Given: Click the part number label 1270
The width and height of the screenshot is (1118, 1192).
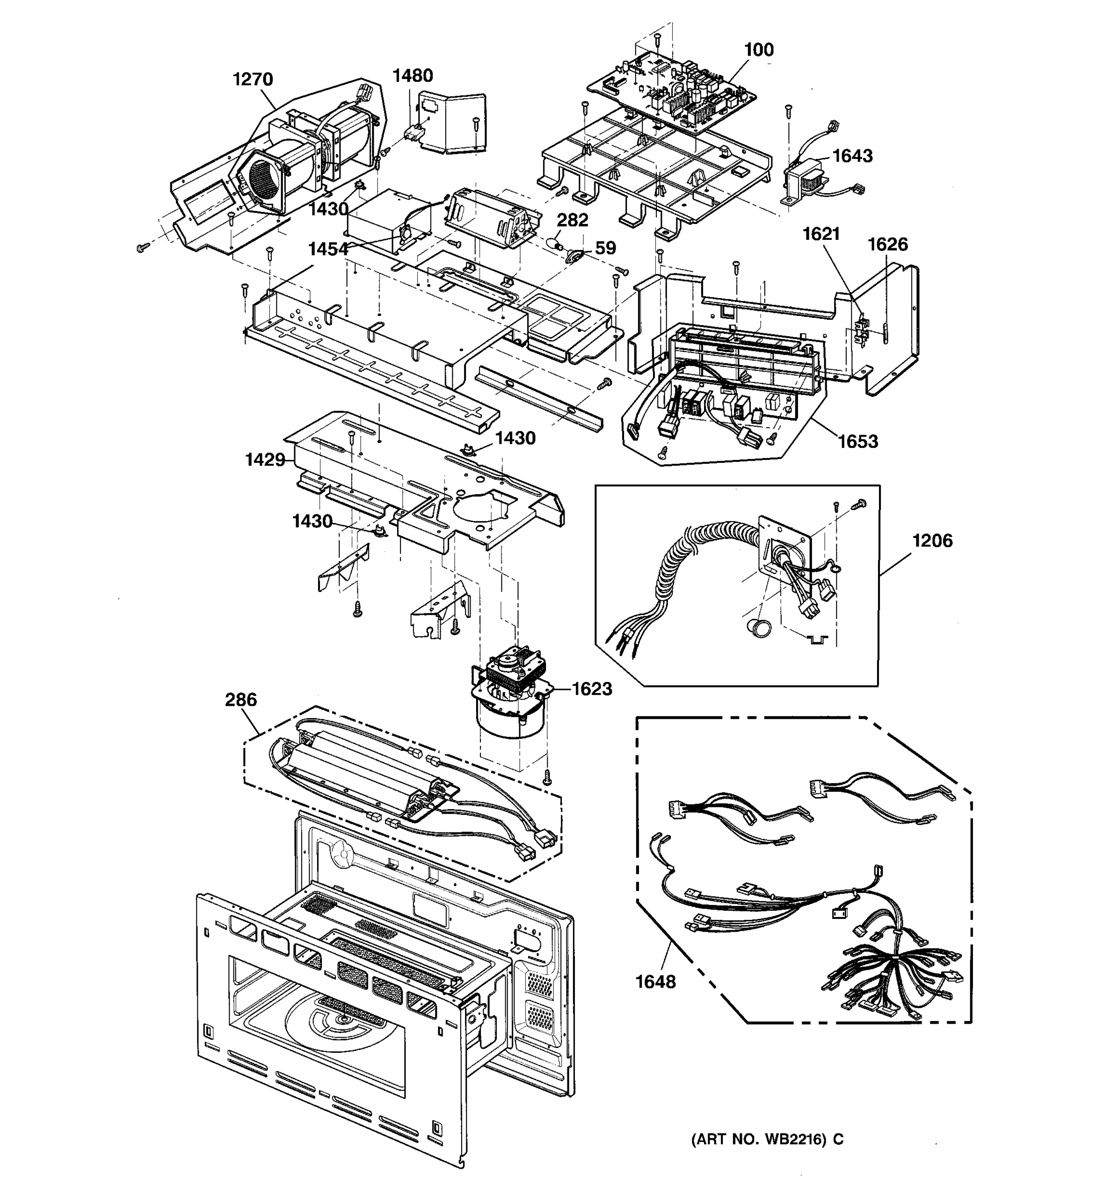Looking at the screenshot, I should [252, 79].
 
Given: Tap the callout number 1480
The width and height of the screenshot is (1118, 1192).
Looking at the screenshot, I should [412, 75].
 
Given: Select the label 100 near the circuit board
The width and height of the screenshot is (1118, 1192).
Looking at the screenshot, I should [759, 50].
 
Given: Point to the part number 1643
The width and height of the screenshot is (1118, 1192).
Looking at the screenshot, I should [852, 156].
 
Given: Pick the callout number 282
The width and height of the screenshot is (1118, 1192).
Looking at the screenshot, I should [572, 220].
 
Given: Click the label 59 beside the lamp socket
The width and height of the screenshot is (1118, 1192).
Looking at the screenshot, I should [605, 248].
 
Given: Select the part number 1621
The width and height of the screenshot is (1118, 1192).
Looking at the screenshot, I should [821, 234].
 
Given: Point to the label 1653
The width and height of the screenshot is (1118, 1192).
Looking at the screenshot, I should [858, 442].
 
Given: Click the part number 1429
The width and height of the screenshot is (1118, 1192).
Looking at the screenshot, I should [264, 460].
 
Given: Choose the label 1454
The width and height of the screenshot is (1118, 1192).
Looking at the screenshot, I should [328, 249].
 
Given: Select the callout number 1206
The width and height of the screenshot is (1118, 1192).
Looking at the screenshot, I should [932, 541].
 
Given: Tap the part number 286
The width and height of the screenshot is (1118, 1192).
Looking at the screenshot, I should [240, 700].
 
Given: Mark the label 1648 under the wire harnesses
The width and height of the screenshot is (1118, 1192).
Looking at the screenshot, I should [655, 982].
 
